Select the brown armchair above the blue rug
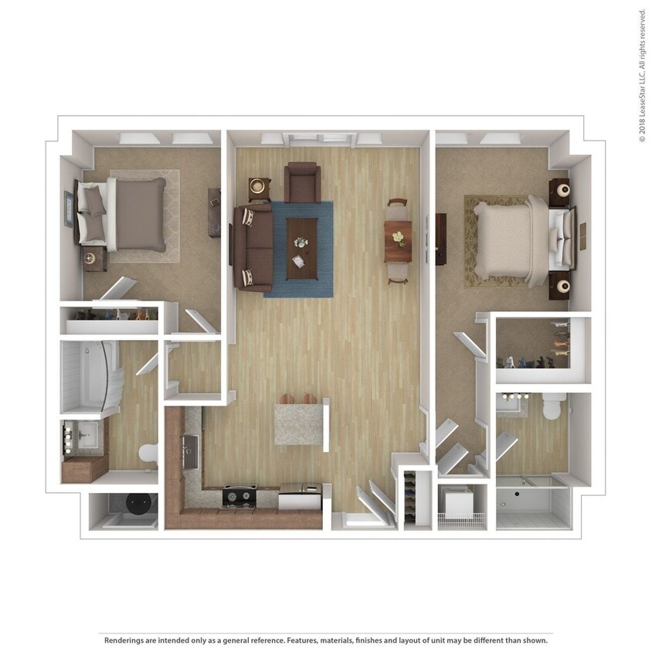(x=302, y=182)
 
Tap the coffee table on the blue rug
(x=302, y=247)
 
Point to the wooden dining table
(x=398, y=241)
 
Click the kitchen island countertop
(x=299, y=423)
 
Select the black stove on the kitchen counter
(x=239, y=494)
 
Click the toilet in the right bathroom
(x=554, y=405)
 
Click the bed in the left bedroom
(x=131, y=214)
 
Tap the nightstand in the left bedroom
(x=94, y=259)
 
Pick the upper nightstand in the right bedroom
(x=559, y=190)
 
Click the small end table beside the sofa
(x=260, y=188)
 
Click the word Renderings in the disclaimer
(x=126, y=640)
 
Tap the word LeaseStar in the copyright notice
(x=641, y=96)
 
